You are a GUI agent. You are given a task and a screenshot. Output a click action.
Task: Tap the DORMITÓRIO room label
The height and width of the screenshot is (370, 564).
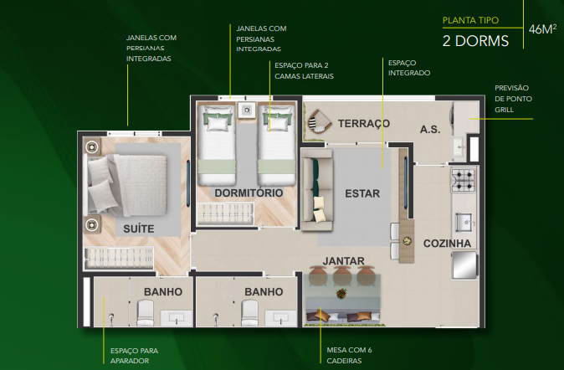[x=249, y=193]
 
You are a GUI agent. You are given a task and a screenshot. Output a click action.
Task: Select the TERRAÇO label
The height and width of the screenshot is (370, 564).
[x=364, y=124]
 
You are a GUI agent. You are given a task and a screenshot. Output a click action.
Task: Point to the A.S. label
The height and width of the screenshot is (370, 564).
[x=431, y=129]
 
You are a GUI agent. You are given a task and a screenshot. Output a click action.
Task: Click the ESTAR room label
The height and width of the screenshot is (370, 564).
[x=362, y=194]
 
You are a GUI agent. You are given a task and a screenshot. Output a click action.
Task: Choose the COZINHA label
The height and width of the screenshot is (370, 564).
[x=448, y=244]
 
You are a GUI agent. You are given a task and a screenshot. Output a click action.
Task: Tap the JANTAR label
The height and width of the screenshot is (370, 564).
[x=344, y=261]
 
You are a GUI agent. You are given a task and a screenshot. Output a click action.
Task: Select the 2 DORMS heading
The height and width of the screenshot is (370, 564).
[x=475, y=39]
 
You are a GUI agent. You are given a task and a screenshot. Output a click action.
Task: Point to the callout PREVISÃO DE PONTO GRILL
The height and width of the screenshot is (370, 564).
[x=512, y=98]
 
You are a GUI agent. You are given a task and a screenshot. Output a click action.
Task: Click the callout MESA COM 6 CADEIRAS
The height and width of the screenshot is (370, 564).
[x=348, y=355]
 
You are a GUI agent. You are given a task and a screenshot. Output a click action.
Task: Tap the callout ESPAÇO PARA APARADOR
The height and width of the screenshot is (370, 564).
[x=134, y=355]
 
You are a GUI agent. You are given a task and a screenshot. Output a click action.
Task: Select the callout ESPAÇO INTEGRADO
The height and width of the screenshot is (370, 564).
[x=409, y=68]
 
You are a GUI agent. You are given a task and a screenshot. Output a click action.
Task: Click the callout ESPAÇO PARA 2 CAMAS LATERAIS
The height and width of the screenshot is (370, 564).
[x=304, y=70]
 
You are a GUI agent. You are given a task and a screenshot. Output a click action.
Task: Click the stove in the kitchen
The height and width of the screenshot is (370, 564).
[x=463, y=178]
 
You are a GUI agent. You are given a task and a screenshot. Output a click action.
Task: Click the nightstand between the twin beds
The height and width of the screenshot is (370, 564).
[x=247, y=110]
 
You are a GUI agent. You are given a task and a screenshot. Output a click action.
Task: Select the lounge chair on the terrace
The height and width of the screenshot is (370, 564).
[x=318, y=124]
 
